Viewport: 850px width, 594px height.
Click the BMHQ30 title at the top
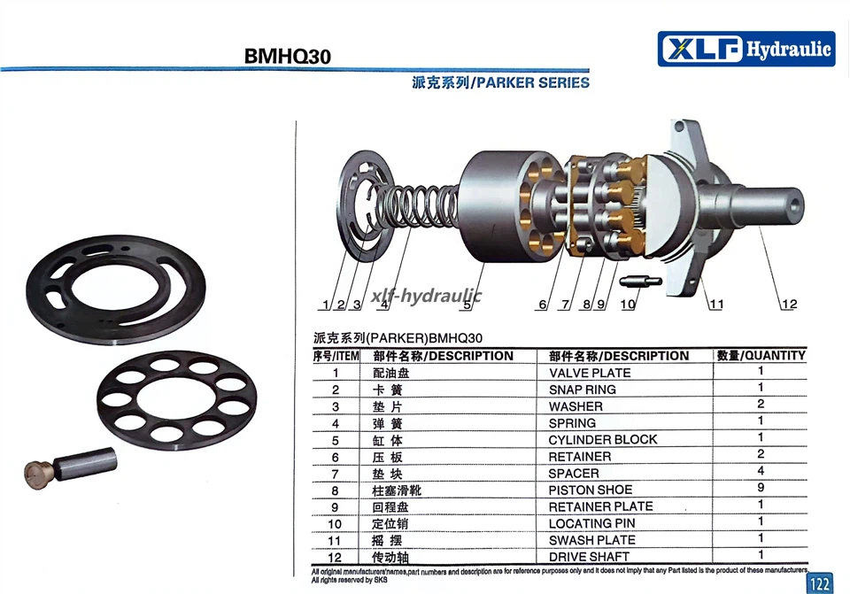tap(287, 57)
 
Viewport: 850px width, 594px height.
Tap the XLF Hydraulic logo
tap(746, 49)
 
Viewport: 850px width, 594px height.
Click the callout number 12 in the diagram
tap(789, 304)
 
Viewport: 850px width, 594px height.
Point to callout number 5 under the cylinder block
tap(467, 305)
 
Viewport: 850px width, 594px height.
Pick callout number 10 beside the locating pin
tap(628, 305)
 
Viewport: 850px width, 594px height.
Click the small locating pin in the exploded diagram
tap(640, 282)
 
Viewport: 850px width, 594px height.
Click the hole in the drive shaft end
tap(795, 204)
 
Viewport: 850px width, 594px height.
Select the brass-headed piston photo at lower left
tap(71, 467)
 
